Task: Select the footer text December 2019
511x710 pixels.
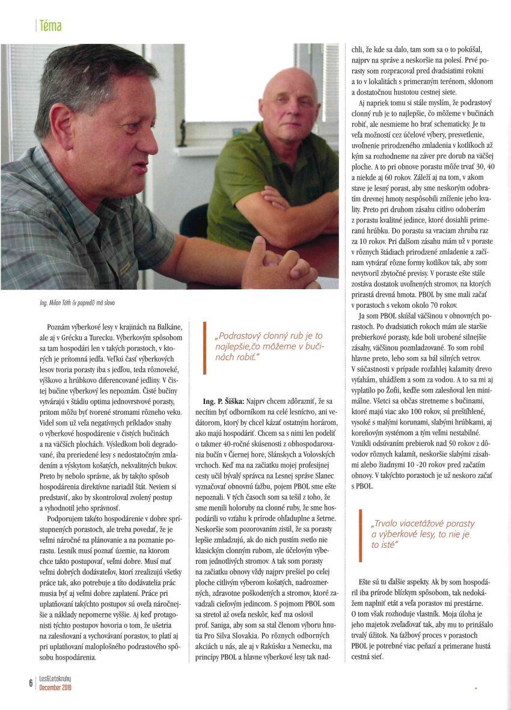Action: [55, 688]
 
